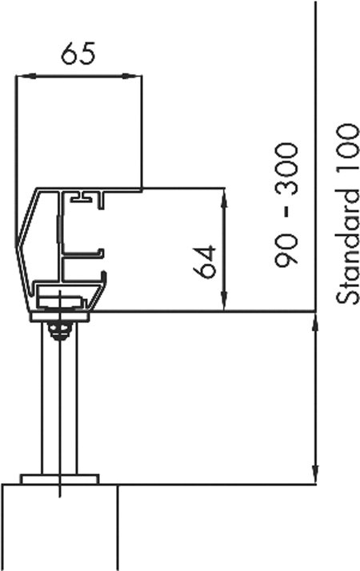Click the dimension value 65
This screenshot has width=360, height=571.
(78, 54)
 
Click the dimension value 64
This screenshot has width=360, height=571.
(205, 262)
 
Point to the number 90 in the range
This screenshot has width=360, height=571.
(286, 251)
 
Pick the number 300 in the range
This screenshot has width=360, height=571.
(286, 170)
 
